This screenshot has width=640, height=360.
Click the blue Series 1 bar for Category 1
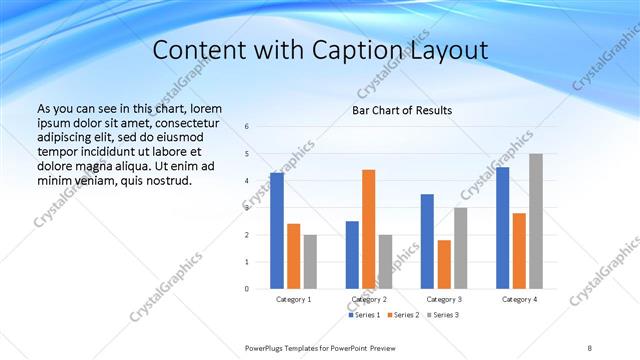coord(276,231)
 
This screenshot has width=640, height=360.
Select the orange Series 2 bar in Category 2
coord(368,229)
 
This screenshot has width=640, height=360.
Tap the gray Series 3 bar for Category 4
coord(536,221)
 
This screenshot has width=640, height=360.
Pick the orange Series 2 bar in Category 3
coord(443,264)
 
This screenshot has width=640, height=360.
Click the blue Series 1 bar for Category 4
coord(502,228)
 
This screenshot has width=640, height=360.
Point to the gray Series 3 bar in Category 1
coord(310,261)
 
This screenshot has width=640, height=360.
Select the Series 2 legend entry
coord(403,315)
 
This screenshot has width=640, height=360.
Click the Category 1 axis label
coord(293,299)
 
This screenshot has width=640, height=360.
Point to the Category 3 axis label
coord(443,299)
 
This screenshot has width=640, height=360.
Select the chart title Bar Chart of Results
coord(402,110)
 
